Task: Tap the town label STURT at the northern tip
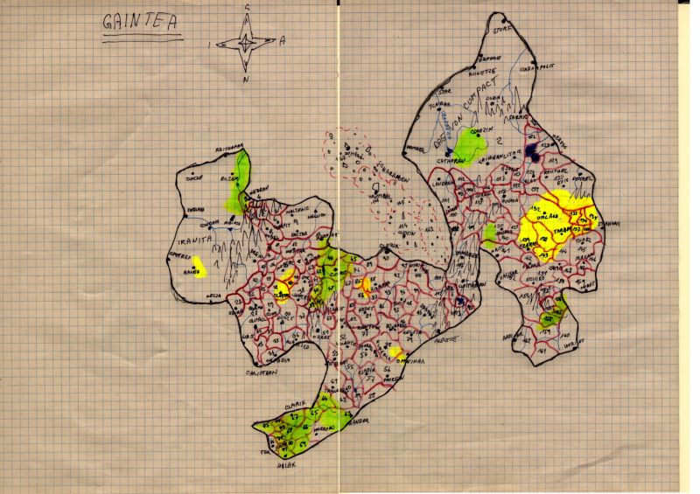(500, 28)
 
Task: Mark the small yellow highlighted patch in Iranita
(199, 264)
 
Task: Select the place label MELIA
(211, 296)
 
